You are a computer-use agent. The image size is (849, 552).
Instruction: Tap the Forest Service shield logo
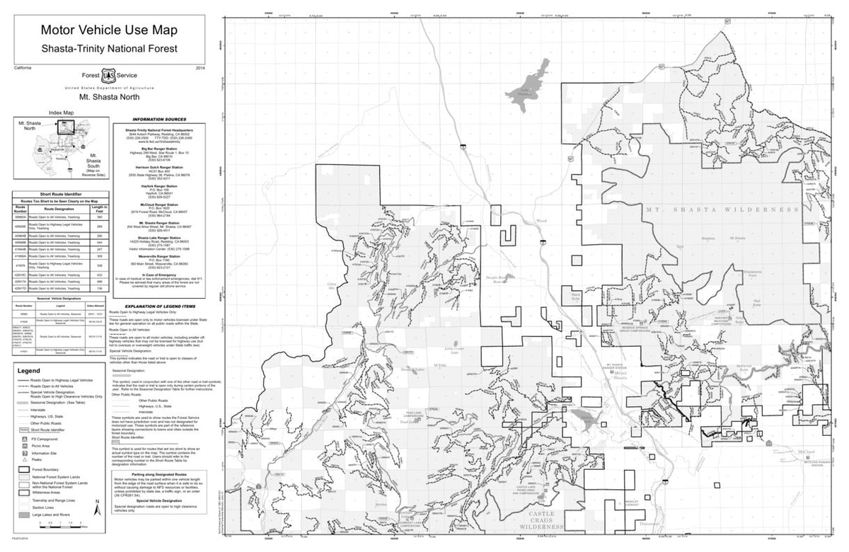click(x=108, y=74)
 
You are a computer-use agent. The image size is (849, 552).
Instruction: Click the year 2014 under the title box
click(x=200, y=67)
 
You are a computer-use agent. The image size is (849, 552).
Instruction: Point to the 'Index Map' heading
click(x=61, y=113)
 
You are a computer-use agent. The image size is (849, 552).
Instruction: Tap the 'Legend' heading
click(x=29, y=371)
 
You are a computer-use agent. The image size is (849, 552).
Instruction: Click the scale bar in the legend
click(x=60, y=524)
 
